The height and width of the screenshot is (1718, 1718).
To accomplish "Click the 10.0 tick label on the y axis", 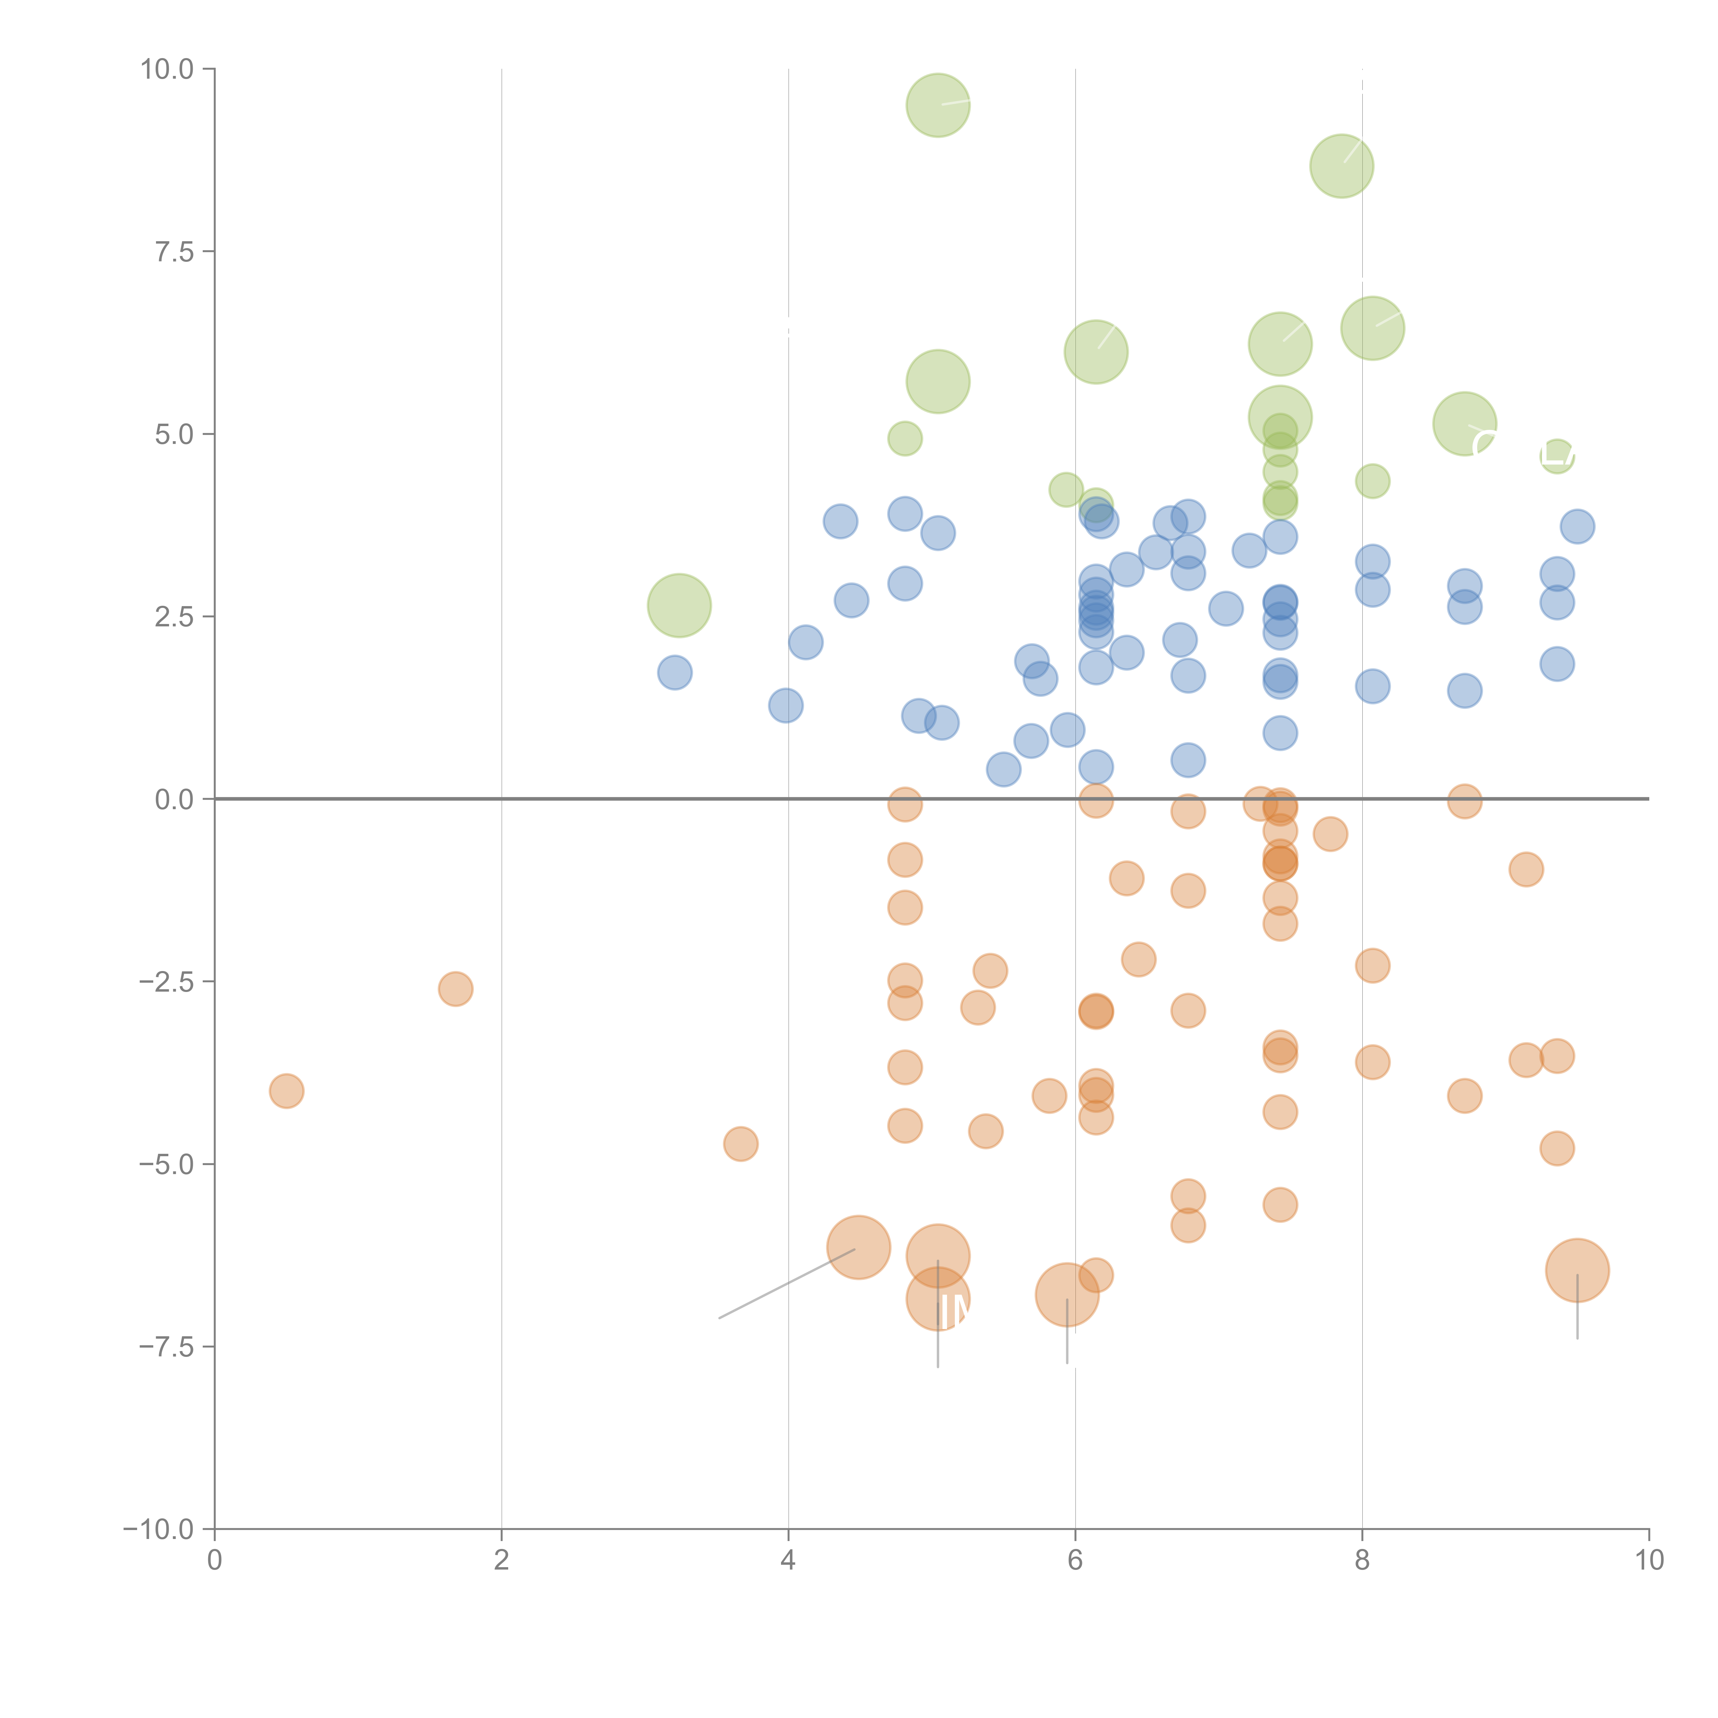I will click(167, 69).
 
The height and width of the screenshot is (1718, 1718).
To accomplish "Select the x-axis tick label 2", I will click(502, 1561).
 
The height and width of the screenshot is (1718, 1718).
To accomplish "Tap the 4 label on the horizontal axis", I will click(788, 1561).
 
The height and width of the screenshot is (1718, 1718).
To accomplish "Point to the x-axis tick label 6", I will click(1075, 1561).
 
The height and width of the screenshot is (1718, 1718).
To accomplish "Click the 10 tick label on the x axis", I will click(1649, 1561).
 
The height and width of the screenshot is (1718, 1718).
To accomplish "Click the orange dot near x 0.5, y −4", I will click(286, 1091).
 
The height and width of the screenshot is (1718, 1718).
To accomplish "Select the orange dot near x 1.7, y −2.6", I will click(455, 989).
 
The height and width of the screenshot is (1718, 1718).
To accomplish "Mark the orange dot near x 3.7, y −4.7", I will click(741, 1144).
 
